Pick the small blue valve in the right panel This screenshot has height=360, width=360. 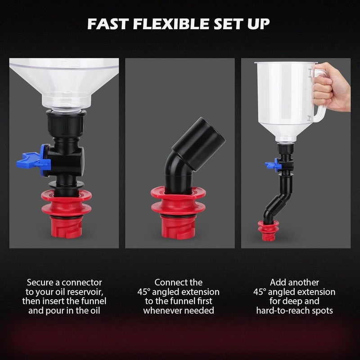click(x=273, y=165)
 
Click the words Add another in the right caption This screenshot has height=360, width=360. click(x=295, y=283)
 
